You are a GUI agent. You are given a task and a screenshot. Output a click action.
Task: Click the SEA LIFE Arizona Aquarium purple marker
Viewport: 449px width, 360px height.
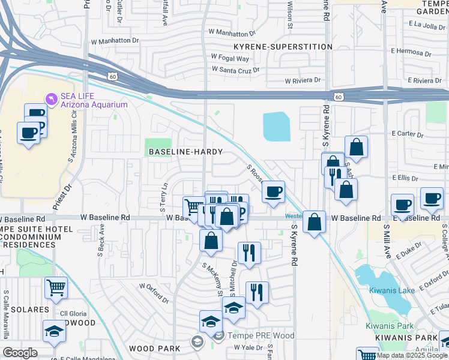(x=52, y=97)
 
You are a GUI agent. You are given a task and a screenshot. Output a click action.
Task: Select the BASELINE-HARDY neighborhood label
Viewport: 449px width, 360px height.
(x=185, y=152)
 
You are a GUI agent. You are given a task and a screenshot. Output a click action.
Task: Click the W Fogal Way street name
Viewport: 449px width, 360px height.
(x=229, y=58)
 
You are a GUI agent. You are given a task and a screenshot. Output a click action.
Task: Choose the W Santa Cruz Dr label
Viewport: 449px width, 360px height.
(x=235, y=70)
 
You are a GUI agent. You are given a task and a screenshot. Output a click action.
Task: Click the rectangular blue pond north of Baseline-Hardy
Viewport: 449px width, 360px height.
(x=276, y=127)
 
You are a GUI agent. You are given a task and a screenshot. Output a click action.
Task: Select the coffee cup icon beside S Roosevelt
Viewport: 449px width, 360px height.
(x=273, y=192)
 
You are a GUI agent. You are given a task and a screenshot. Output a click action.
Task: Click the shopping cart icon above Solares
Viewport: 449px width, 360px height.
(x=56, y=287)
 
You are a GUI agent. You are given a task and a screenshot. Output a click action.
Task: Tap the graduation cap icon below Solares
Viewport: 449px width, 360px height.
(x=54, y=331)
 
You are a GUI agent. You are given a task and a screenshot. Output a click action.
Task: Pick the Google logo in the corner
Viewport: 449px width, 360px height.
(x=20, y=353)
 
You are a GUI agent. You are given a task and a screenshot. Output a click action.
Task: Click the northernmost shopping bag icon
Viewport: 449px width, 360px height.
(x=356, y=146)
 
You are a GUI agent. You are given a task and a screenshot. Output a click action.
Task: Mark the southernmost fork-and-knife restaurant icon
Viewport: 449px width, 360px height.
(x=257, y=292)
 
